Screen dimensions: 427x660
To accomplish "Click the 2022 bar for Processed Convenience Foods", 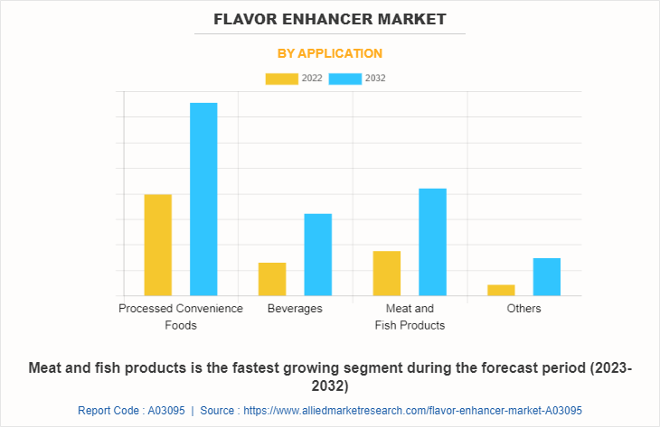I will coord(157,245).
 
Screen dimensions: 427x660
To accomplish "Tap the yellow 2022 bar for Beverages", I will coord(272,279).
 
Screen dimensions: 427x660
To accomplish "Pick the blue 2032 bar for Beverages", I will coord(317,255).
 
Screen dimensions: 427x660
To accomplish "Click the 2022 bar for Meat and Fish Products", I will coord(387,273).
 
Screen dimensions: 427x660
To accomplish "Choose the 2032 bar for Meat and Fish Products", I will coord(432,242).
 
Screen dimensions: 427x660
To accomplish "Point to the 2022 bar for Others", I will coord(501,290).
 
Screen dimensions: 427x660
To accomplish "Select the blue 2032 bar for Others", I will coord(546,276).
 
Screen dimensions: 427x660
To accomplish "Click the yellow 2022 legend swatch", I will coord(281,79).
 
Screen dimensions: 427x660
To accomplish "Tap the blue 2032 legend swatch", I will coord(345,79).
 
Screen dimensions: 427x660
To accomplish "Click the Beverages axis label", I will coord(295,309).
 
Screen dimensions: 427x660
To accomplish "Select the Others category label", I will coord(523,309).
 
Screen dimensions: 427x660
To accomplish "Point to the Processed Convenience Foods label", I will coord(181,316).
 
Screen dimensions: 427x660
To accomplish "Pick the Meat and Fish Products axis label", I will coord(410,316).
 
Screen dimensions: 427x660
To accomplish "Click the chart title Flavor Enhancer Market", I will coord(330,18).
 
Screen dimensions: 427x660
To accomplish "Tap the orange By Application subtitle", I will coord(330,53).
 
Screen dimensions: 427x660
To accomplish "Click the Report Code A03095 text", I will coord(131,410).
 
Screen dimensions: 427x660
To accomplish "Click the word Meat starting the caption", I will coord(48,368).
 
